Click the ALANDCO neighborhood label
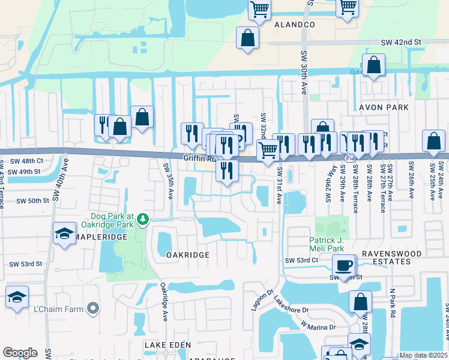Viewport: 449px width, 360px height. [294, 25]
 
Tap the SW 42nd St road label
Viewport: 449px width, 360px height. [402, 43]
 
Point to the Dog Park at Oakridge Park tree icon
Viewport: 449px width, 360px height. [143, 220]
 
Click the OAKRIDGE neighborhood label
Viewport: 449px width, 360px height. [188, 255]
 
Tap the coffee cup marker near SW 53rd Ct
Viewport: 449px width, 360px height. [344, 265]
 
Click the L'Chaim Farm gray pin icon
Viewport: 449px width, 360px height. [92, 308]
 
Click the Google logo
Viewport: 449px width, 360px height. [20, 353]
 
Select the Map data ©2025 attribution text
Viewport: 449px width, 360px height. [423, 355]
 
